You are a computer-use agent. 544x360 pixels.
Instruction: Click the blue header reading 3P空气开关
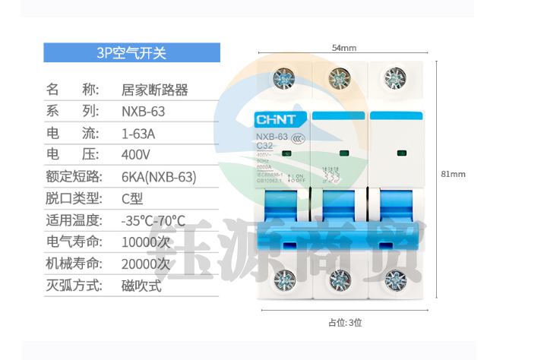(x=131, y=52)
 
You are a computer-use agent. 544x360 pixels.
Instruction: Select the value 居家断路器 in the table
(x=155, y=90)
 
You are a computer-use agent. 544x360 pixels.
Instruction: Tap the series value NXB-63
(x=144, y=112)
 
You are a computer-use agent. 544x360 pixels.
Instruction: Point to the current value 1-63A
(x=138, y=134)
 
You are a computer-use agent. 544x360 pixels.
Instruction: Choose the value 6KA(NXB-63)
(x=159, y=178)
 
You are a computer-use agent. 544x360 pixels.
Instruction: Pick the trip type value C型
(x=132, y=200)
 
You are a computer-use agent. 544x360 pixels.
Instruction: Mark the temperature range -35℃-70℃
(x=153, y=222)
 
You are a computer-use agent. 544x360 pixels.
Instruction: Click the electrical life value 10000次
(x=146, y=243)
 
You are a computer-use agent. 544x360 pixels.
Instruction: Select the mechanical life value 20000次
(x=146, y=265)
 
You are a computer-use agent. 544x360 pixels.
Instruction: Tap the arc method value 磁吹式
(x=141, y=287)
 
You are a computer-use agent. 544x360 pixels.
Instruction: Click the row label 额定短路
(x=73, y=178)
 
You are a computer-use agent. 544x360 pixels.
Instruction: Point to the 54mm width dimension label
(x=344, y=48)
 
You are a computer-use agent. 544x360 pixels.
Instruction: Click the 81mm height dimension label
(x=453, y=174)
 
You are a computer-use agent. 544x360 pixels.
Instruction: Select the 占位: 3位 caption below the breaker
(x=345, y=322)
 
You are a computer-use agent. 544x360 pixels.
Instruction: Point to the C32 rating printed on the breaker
(x=265, y=145)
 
